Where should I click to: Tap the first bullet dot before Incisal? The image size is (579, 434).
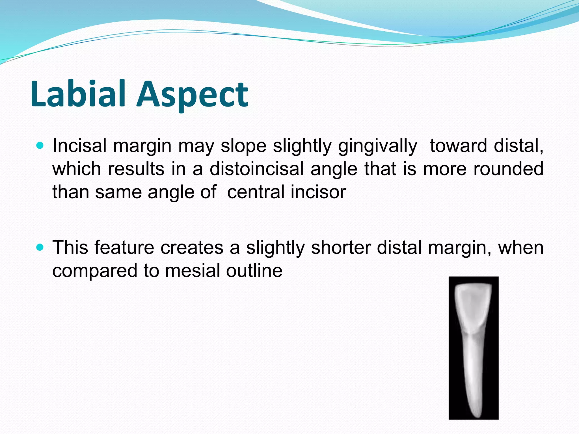point(40,146)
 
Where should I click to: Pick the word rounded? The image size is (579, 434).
point(508,169)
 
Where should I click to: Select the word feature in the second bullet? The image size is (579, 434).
point(124,248)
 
